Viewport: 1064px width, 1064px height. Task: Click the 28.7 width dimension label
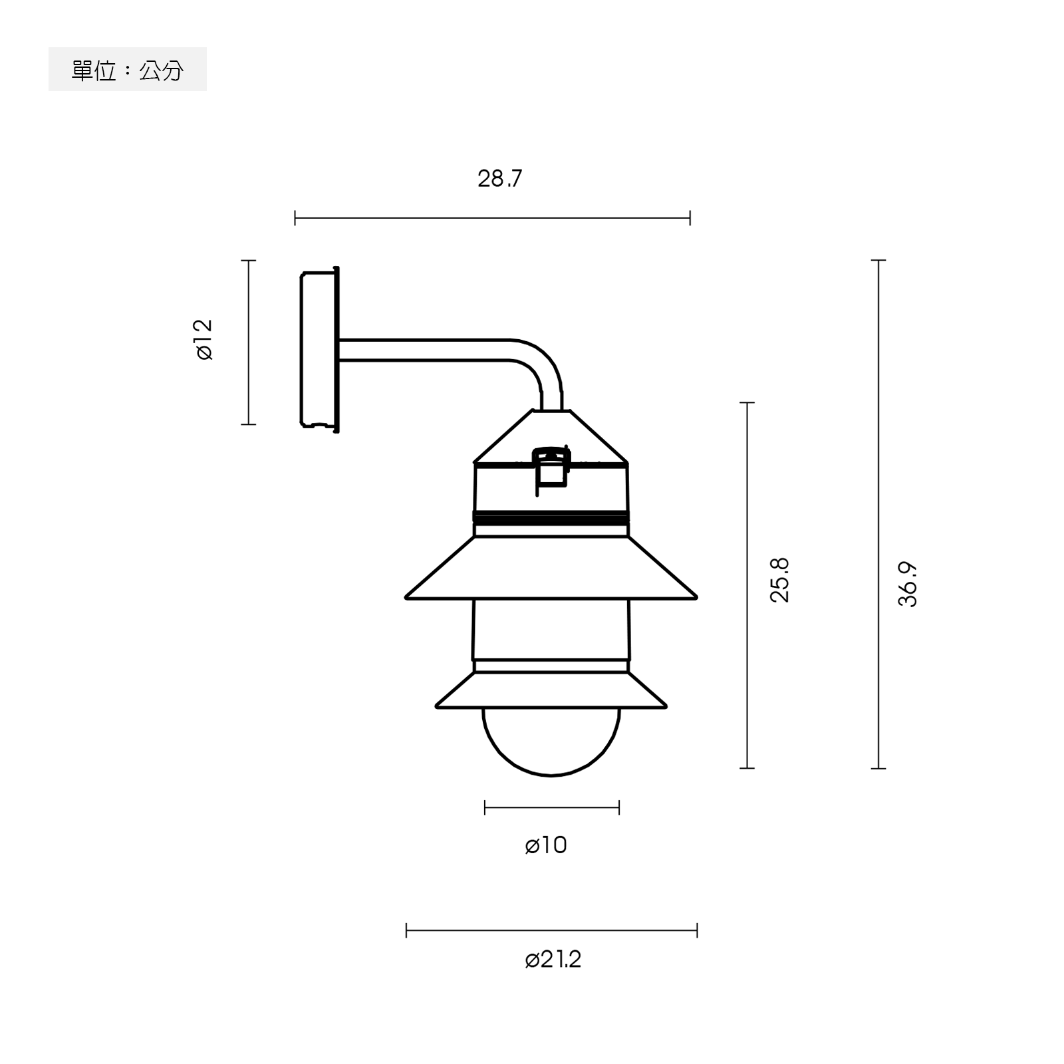pyautogui.click(x=500, y=179)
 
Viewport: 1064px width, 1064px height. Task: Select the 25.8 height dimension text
pyautogui.click(x=779, y=580)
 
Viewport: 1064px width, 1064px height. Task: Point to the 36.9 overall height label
pyautogui.click(x=908, y=584)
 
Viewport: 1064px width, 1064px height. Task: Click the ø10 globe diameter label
pyautogui.click(x=546, y=845)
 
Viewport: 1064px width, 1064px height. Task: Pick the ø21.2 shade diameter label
pyautogui.click(x=553, y=960)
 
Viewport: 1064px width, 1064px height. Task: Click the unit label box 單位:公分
pyautogui.click(x=128, y=70)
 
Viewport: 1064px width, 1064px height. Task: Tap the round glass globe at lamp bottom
pyautogui.click(x=551, y=741)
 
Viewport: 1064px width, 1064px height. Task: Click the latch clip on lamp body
pyautogui.click(x=551, y=469)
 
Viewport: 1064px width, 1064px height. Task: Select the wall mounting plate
pyautogui.click(x=319, y=349)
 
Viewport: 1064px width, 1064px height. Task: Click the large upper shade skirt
pyautogui.click(x=551, y=569)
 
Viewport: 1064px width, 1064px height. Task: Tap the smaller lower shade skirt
pyautogui.click(x=551, y=692)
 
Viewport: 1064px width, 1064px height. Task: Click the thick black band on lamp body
pyautogui.click(x=551, y=518)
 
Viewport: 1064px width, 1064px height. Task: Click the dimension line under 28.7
pyautogui.click(x=492, y=217)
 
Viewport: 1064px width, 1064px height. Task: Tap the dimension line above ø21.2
pyautogui.click(x=551, y=930)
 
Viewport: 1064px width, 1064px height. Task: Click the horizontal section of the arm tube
pyautogui.click(x=426, y=350)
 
